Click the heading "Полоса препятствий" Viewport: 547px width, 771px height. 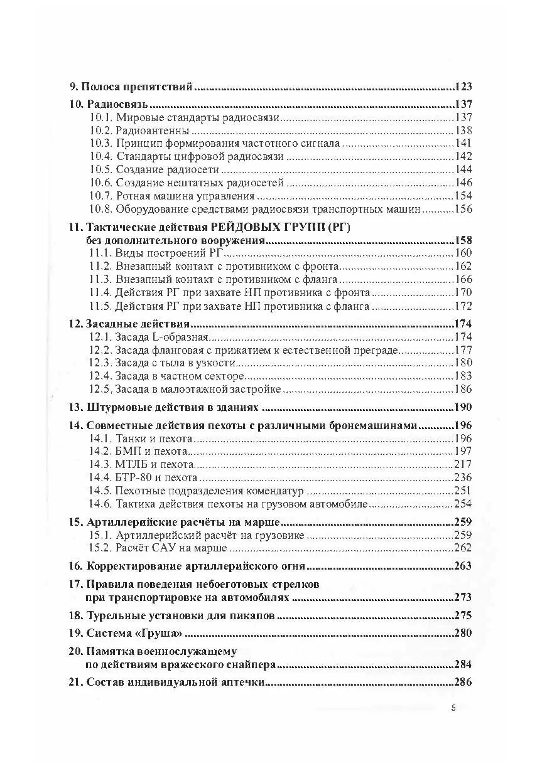133,87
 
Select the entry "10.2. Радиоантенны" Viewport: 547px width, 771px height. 139,130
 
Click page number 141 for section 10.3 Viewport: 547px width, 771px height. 462,144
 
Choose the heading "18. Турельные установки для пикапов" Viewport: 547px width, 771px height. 171,615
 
